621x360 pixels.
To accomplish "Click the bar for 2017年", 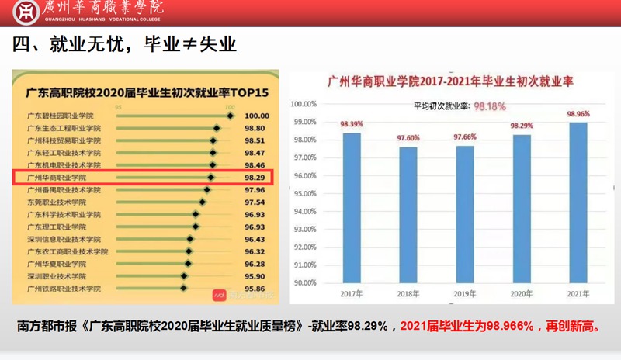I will pyautogui.click(x=352, y=208).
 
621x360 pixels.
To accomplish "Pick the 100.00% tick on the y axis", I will pyautogui.click(x=303, y=104).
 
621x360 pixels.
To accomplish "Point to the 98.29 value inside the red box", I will pyautogui.click(x=255, y=178).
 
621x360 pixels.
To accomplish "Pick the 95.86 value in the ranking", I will pyautogui.click(x=255, y=288).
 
